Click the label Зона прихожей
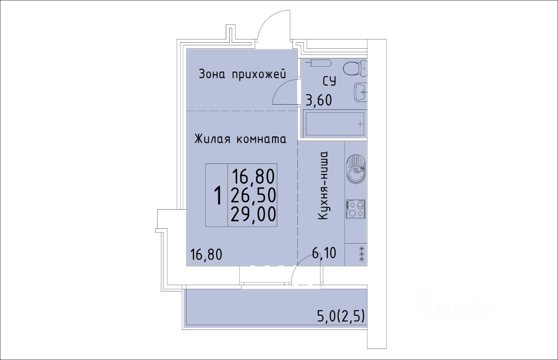(x=242, y=74)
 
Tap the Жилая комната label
(x=240, y=139)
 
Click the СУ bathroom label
(x=330, y=81)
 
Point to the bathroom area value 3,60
(x=319, y=101)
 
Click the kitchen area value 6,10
(x=324, y=253)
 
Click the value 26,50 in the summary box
(x=253, y=195)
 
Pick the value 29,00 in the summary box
(x=253, y=214)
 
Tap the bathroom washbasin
(x=361, y=92)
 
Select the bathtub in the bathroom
(x=335, y=123)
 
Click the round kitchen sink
(x=355, y=169)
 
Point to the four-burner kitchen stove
(x=355, y=209)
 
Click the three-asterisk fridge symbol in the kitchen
(x=362, y=254)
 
